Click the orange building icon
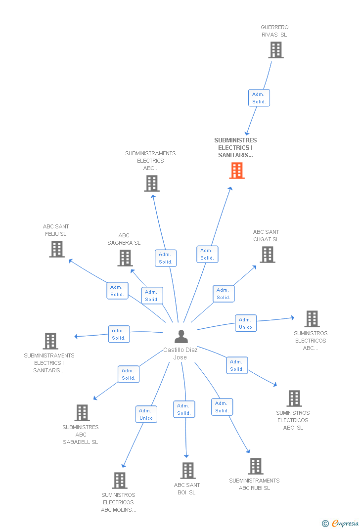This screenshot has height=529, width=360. [237, 171]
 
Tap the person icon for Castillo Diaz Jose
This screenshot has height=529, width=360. [181, 336]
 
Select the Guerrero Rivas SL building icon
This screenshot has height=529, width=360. [276, 50]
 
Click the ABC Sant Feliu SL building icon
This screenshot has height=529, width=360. [57, 249]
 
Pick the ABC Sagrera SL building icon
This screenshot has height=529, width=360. [125, 258]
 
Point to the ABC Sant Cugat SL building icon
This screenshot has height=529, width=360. [268, 255]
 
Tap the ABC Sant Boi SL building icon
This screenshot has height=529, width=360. [188, 471]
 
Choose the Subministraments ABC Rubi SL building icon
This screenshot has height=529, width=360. [256, 466]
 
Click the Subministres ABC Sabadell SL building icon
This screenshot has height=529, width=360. [82, 413]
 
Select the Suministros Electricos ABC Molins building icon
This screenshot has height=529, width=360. [120, 481]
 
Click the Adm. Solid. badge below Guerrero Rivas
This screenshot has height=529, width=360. [259, 98]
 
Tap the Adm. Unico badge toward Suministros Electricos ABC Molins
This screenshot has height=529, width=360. [146, 414]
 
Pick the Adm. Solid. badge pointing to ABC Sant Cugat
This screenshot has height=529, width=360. [224, 294]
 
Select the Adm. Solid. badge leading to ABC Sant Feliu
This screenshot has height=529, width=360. [117, 291]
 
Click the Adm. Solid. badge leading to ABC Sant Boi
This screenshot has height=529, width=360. [184, 409]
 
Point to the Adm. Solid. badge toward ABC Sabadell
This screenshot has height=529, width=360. [128, 374]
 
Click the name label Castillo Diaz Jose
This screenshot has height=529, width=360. [180, 353]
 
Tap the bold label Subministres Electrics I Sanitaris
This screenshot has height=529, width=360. [235, 148]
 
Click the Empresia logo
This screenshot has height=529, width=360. [340, 523]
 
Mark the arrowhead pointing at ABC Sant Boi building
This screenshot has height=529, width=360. [186, 456]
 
